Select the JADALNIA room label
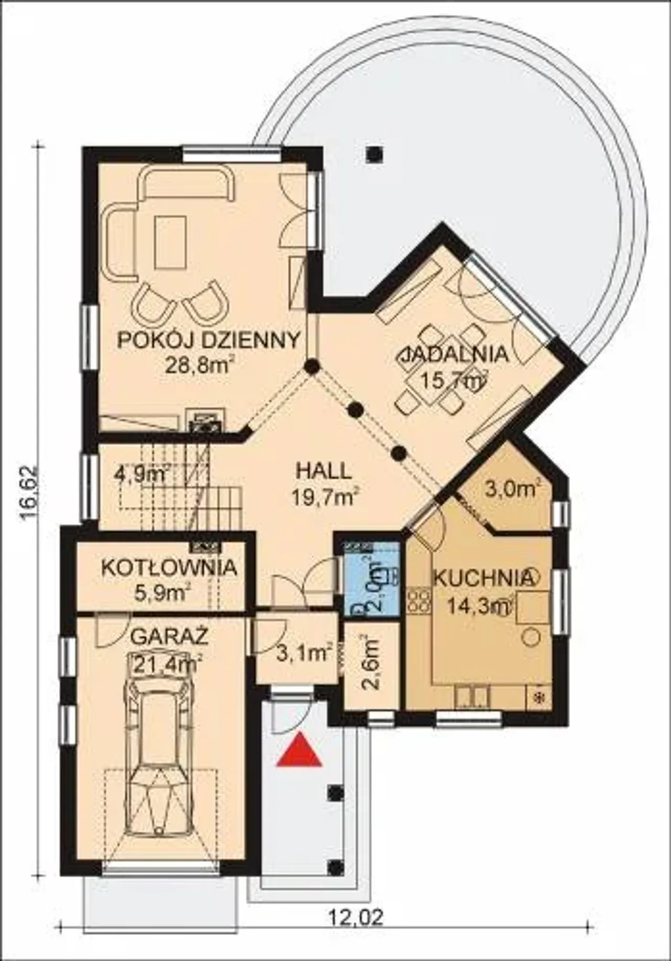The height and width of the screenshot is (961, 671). click(454, 355)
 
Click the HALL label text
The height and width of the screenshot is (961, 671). click(323, 471)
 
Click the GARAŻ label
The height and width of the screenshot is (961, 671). click(169, 637)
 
